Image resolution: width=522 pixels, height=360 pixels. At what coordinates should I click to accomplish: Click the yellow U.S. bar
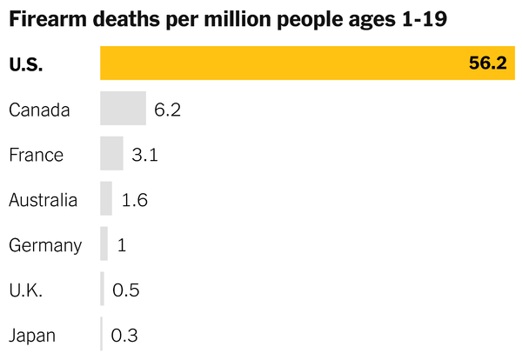pos(287,63)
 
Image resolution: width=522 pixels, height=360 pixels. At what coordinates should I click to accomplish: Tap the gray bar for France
pos(111,154)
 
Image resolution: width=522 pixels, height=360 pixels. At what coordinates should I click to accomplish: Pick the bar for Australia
pos(106,199)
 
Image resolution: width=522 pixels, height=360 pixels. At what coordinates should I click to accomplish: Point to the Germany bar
pos(104,244)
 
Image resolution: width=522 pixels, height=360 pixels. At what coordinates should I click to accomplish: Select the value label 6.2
pos(167,110)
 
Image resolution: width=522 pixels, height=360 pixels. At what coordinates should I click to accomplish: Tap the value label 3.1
pos(144,155)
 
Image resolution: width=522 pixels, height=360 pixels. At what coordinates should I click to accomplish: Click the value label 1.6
pos(135,200)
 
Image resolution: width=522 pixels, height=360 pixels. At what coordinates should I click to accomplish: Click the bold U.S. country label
pos(26,64)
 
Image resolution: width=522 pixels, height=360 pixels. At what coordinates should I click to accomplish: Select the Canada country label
pos(39,110)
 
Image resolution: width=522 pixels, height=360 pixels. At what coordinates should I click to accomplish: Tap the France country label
pos(36,155)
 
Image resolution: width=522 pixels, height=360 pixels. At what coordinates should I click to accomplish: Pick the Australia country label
pos(43,200)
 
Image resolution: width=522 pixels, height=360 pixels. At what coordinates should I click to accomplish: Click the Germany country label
pos(45,245)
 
